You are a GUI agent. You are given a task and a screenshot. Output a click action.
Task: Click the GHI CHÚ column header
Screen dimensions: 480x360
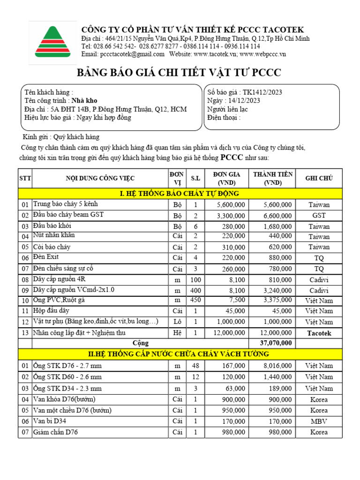[319, 178]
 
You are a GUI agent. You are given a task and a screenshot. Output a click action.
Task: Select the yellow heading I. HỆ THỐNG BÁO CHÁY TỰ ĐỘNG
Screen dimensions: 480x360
[180, 193]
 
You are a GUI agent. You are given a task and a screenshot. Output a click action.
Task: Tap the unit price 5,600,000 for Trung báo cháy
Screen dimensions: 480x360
[231, 205]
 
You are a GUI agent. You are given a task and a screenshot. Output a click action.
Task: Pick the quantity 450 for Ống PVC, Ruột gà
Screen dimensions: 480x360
[195, 300]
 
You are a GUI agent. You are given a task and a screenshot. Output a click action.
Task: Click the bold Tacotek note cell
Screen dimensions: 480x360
[319, 333]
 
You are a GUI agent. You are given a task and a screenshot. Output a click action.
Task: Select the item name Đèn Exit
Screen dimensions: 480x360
[46, 257]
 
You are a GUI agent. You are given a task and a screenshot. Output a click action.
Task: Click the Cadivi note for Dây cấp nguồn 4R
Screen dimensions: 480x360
[319, 279]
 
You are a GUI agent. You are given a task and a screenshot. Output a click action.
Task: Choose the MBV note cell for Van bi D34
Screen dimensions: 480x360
[319, 421]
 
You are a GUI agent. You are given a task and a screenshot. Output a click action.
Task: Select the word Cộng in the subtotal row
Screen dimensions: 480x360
[141, 343]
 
